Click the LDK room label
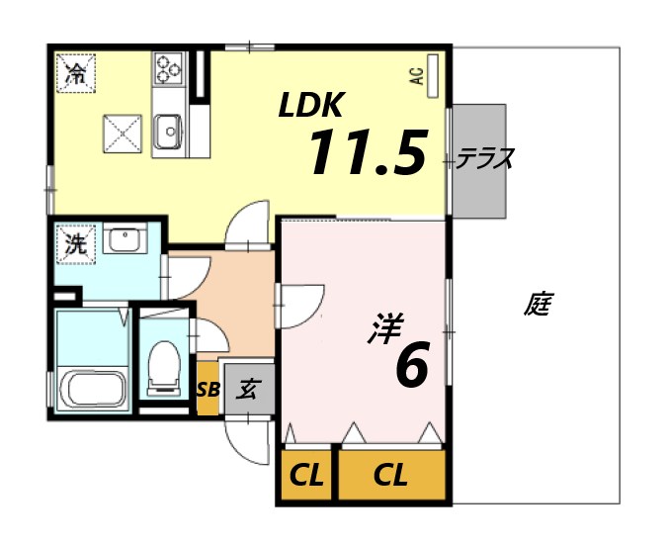pyautogui.click(x=310, y=104)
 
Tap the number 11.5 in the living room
pyautogui.click(x=368, y=152)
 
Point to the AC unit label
pyautogui.click(x=417, y=76)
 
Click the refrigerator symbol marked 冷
pyautogui.click(x=75, y=71)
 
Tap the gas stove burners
pyautogui.click(x=167, y=69)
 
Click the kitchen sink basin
pyautogui.click(x=168, y=130)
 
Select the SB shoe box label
pyautogui.click(x=208, y=389)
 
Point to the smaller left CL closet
pyautogui.click(x=306, y=476)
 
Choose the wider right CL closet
pyautogui.click(x=391, y=476)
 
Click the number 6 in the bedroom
pyautogui.click(x=411, y=365)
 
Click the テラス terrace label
pyautogui.click(x=485, y=158)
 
